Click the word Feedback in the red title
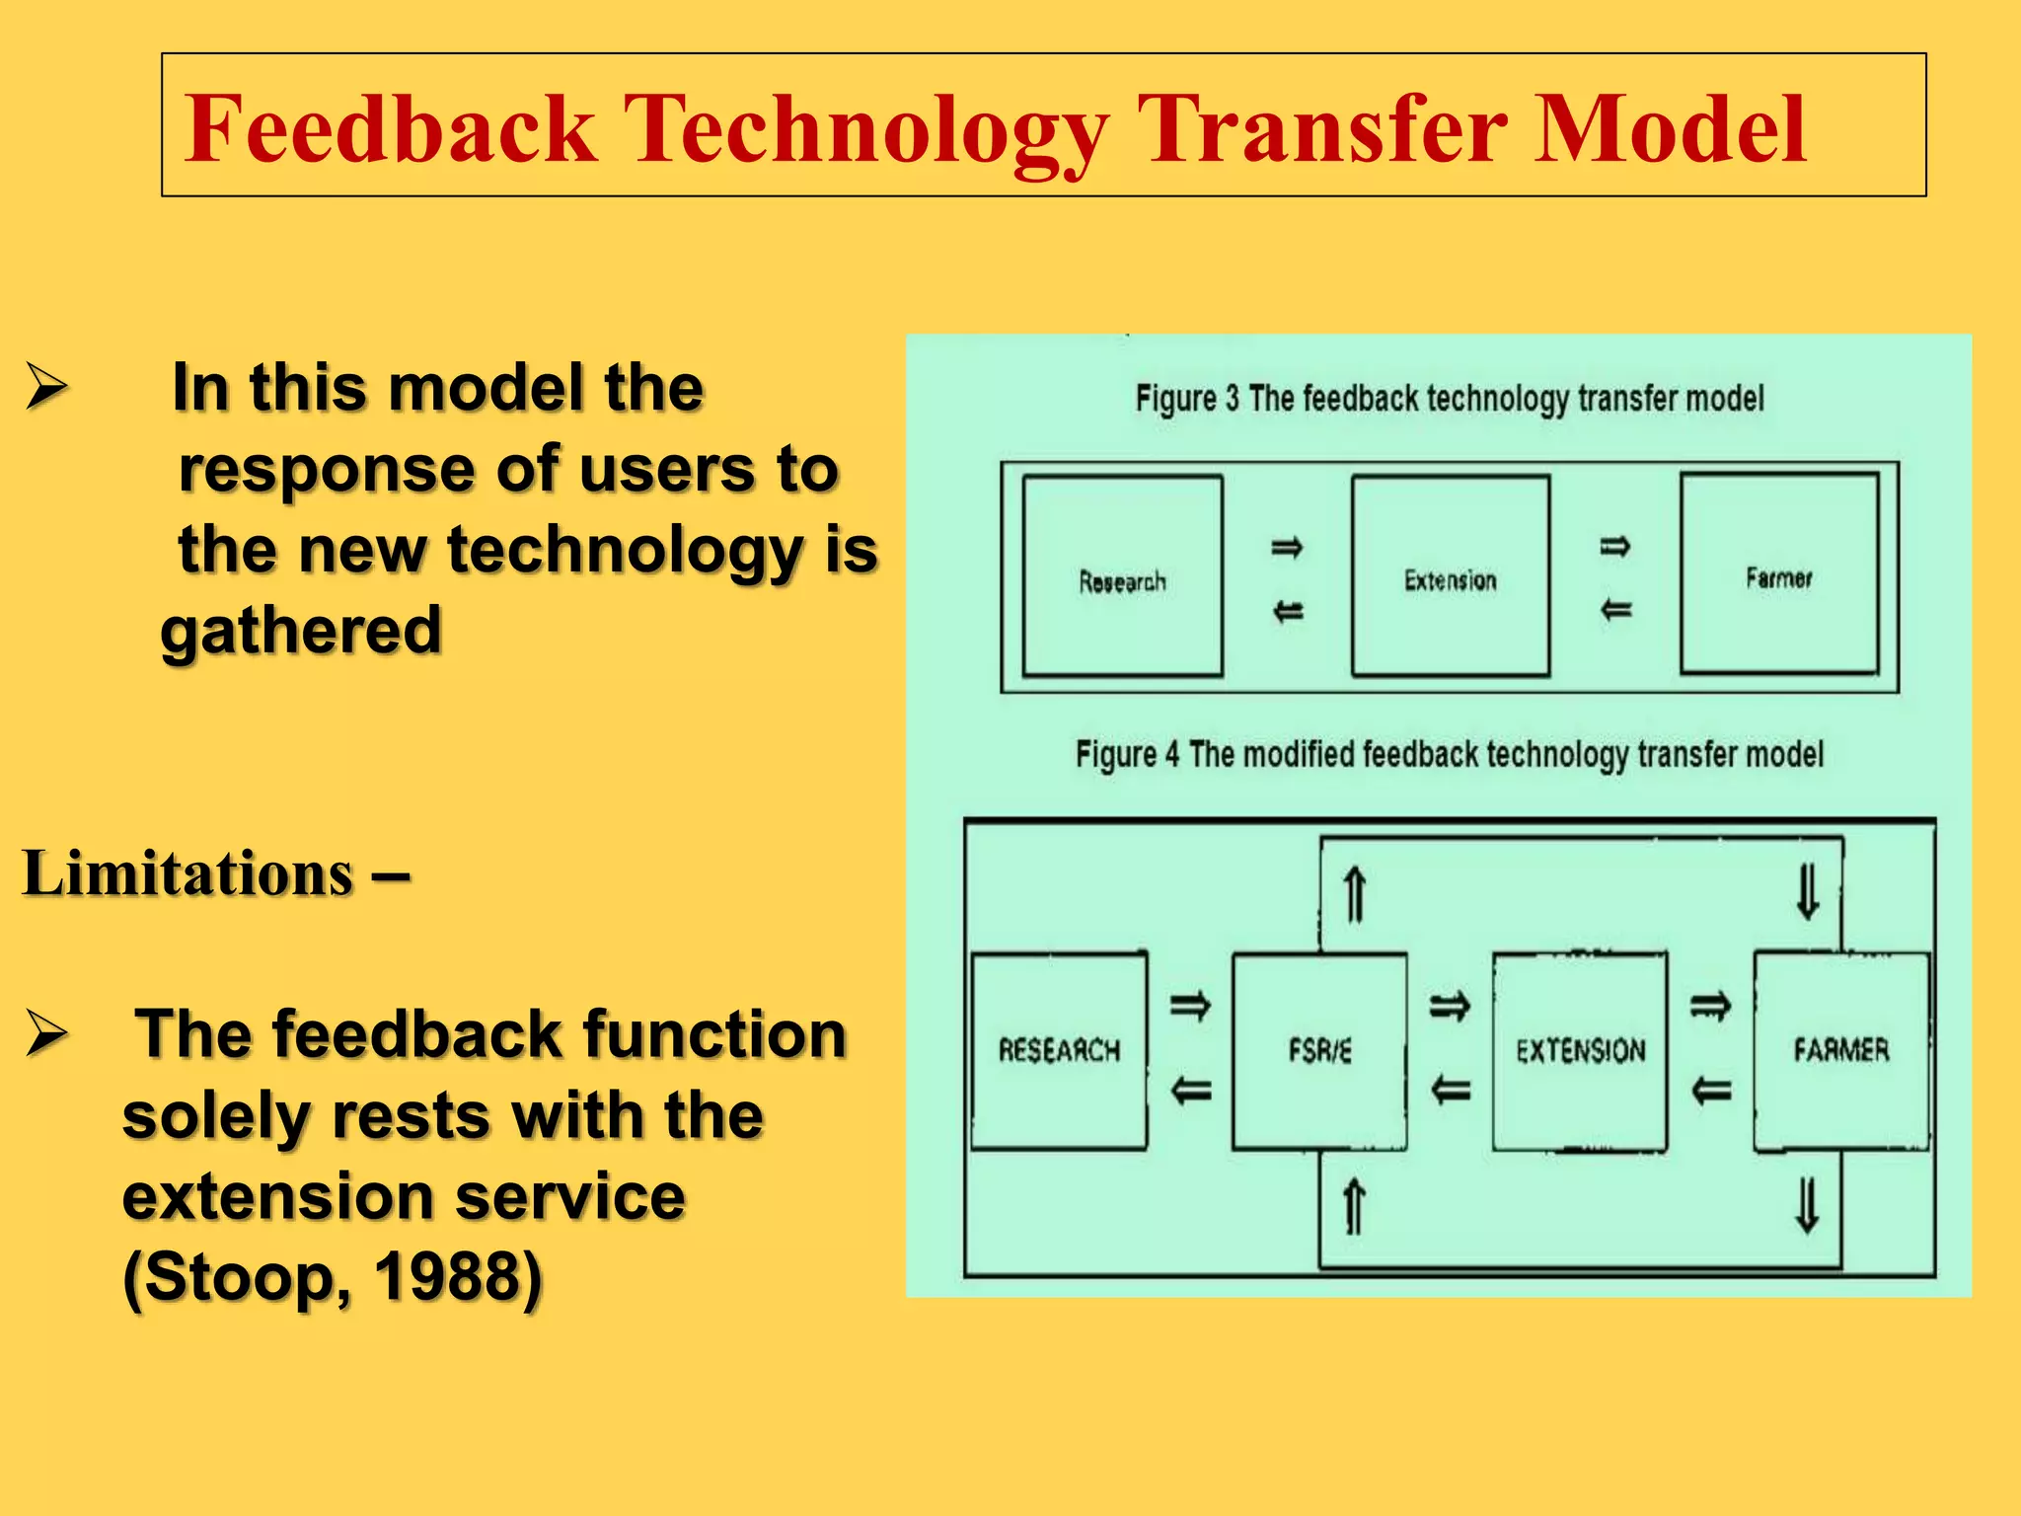[391, 129]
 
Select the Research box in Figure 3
[1122, 577]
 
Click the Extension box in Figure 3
[1450, 577]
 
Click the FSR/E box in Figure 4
[1319, 1050]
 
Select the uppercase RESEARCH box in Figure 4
[1059, 1050]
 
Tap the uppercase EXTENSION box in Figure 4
[1580, 1050]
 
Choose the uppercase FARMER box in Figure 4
[1840, 1050]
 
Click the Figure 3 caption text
[1449, 399]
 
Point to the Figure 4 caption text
[1449, 755]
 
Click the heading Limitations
[187, 874]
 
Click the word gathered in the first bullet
[301, 631]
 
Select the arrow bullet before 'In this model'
[46, 387]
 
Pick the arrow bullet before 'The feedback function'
[46, 1033]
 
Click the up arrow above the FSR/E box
[1355, 894]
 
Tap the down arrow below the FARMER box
[1807, 1206]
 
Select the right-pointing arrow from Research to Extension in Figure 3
[1287, 547]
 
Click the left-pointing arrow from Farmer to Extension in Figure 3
[1615, 610]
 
